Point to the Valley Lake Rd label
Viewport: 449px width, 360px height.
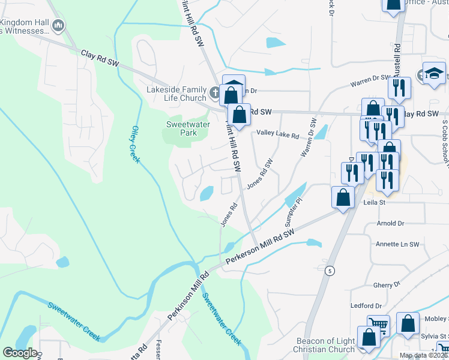tap(277, 135)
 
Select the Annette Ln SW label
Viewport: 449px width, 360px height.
tap(396, 244)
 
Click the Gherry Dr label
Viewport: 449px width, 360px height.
tap(387, 285)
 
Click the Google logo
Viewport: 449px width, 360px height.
tap(20, 353)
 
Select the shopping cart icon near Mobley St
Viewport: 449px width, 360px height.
tap(378, 325)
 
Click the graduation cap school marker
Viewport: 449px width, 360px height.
tap(434, 73)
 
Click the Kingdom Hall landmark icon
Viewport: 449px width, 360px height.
tap(58, 25)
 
